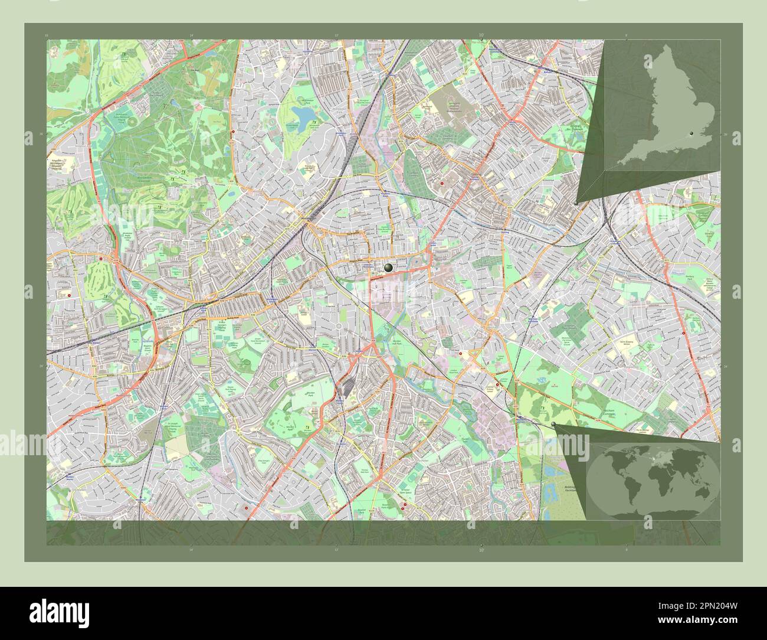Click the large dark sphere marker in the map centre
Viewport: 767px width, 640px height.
(388, 268)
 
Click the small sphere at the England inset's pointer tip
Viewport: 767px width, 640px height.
(576, 203)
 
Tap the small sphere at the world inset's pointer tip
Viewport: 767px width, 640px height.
(553, 424)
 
